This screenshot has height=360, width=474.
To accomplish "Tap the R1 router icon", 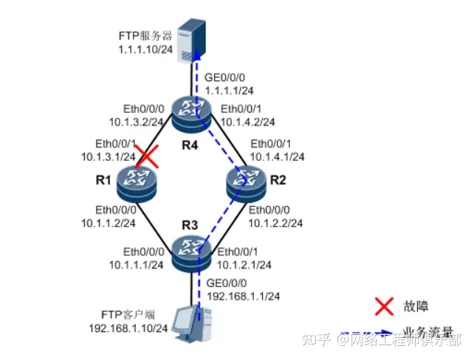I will click(x=136, y=179).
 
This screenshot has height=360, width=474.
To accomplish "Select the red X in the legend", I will click(x=382, y=304).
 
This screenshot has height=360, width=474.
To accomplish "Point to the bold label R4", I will click(x=191, y=144).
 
